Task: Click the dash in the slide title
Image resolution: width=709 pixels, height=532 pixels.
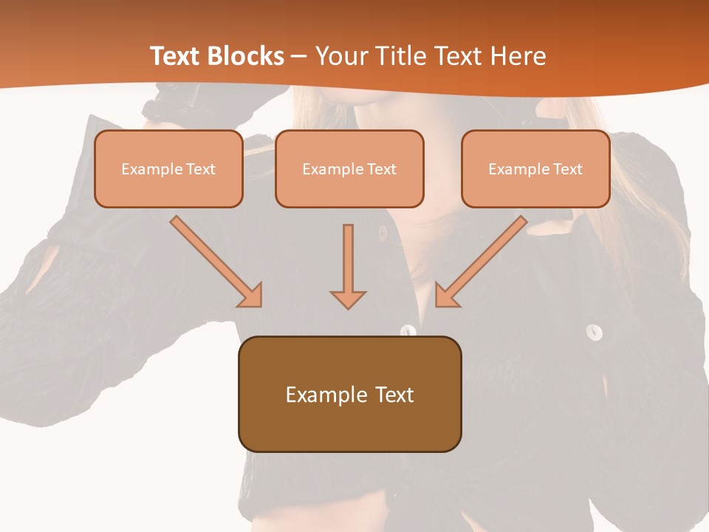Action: pos(300,57)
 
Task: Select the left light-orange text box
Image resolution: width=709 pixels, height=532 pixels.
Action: pos(168,169)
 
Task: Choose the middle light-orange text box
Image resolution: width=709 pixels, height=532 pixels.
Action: pos(349,169)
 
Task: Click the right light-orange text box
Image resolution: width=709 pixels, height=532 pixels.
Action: pos(535,169)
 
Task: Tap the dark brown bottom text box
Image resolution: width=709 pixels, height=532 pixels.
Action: pos(349,395)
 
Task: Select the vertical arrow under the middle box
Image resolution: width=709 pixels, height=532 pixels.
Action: pos(348,259)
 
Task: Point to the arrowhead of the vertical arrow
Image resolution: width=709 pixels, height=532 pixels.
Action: pos(348,299)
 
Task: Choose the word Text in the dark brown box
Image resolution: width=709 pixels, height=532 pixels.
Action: pos(395,395)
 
